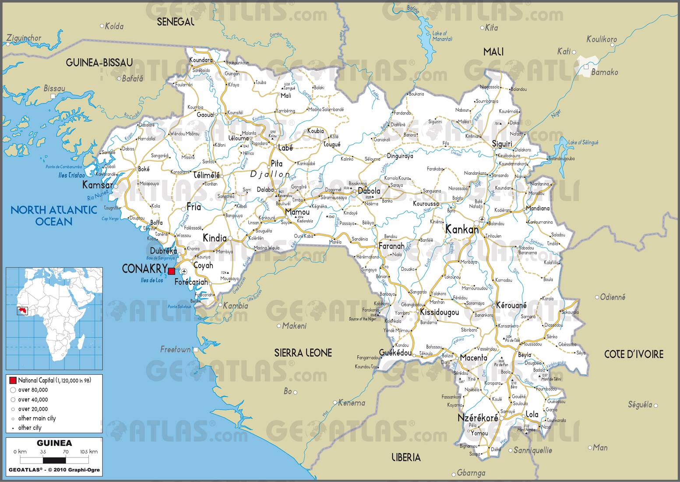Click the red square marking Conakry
coord(171,271)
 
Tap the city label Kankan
coord(462,229)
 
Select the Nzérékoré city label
coord(478,418)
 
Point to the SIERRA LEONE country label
coord(303,352)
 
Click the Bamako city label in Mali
coord(604,72)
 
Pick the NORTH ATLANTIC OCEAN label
coord(53,215)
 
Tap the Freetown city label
coord(175,349)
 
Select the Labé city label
coord(285,148)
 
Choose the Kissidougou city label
coord(439,312)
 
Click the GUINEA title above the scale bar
coord(54,443)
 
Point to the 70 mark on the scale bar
coord(65,451)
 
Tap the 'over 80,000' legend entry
coord(33,390)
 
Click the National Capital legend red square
coord(13,380)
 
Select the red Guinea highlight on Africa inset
coord(21,311)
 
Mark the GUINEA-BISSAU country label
coord(99,63)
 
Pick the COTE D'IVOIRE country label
coord(634,354)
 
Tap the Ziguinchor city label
coord(24,38)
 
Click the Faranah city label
coord(391,246)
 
